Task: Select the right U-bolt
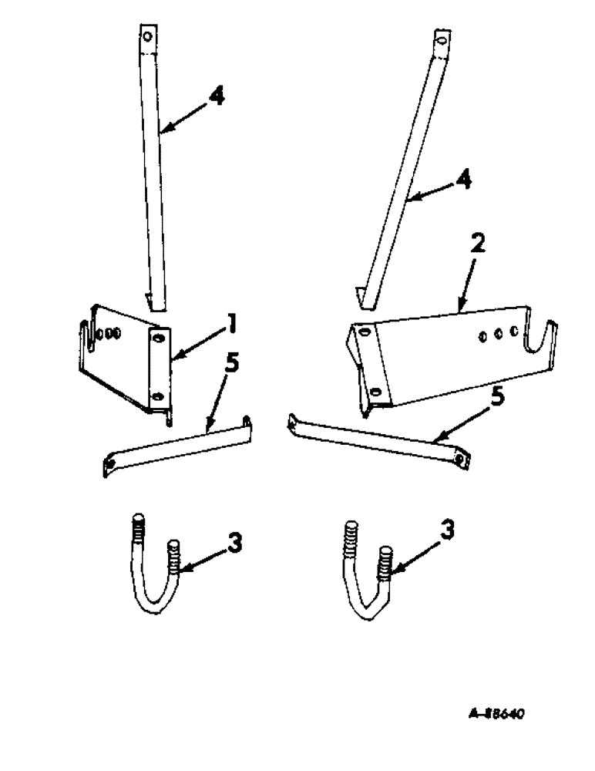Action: (367, 574)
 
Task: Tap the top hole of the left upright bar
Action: (148, 36)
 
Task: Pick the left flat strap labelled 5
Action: (177, 447)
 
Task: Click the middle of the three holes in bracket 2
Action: (498, 334)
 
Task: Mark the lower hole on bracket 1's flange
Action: (158, 396)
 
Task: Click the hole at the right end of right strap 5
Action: (461, 459)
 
